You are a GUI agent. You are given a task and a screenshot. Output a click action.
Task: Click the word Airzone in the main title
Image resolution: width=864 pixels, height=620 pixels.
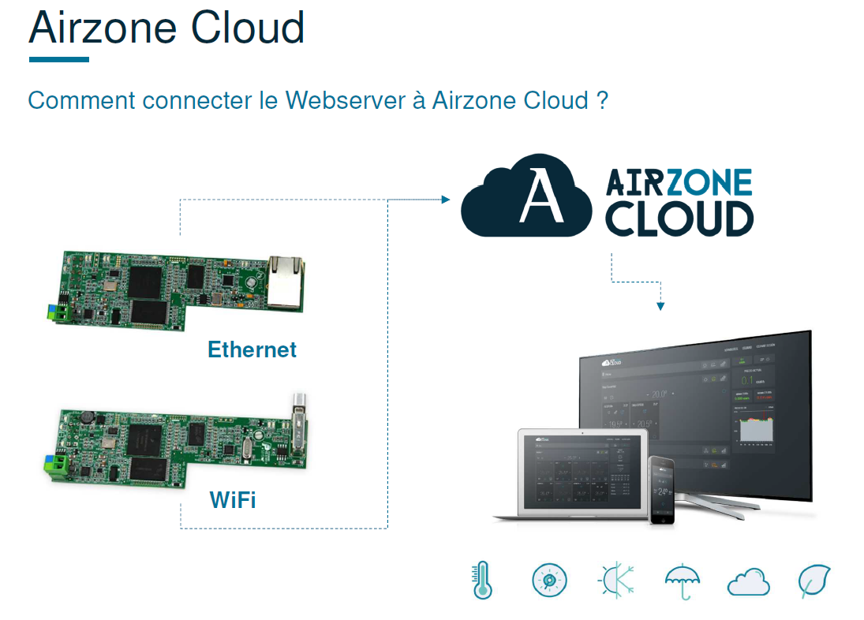(102, 28)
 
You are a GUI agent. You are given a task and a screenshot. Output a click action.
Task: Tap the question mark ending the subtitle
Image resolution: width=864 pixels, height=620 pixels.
(602, 101)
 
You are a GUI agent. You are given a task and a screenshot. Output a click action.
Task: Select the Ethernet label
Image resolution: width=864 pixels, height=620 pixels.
(252, 349)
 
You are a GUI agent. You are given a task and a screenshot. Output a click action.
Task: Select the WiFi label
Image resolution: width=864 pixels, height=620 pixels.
(233, 500)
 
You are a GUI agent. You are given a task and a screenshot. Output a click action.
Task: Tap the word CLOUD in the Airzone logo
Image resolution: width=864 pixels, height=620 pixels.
(679, 218)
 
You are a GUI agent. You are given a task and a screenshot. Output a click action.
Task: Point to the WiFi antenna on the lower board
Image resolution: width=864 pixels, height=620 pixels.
(298, 422)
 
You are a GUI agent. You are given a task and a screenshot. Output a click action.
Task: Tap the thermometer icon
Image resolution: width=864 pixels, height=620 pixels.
(481, 581)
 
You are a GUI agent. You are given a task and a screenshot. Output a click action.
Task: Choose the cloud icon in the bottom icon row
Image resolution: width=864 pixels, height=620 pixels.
(748, 582)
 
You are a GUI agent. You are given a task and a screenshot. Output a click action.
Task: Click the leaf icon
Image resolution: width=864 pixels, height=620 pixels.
(814, 581)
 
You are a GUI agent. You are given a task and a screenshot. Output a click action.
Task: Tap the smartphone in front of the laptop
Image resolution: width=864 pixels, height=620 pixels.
(662, 489)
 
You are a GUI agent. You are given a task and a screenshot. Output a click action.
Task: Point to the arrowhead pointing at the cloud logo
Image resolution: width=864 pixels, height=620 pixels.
(445, 200)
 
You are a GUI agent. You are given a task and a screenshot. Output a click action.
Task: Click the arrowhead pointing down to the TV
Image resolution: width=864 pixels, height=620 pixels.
(660, 306)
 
